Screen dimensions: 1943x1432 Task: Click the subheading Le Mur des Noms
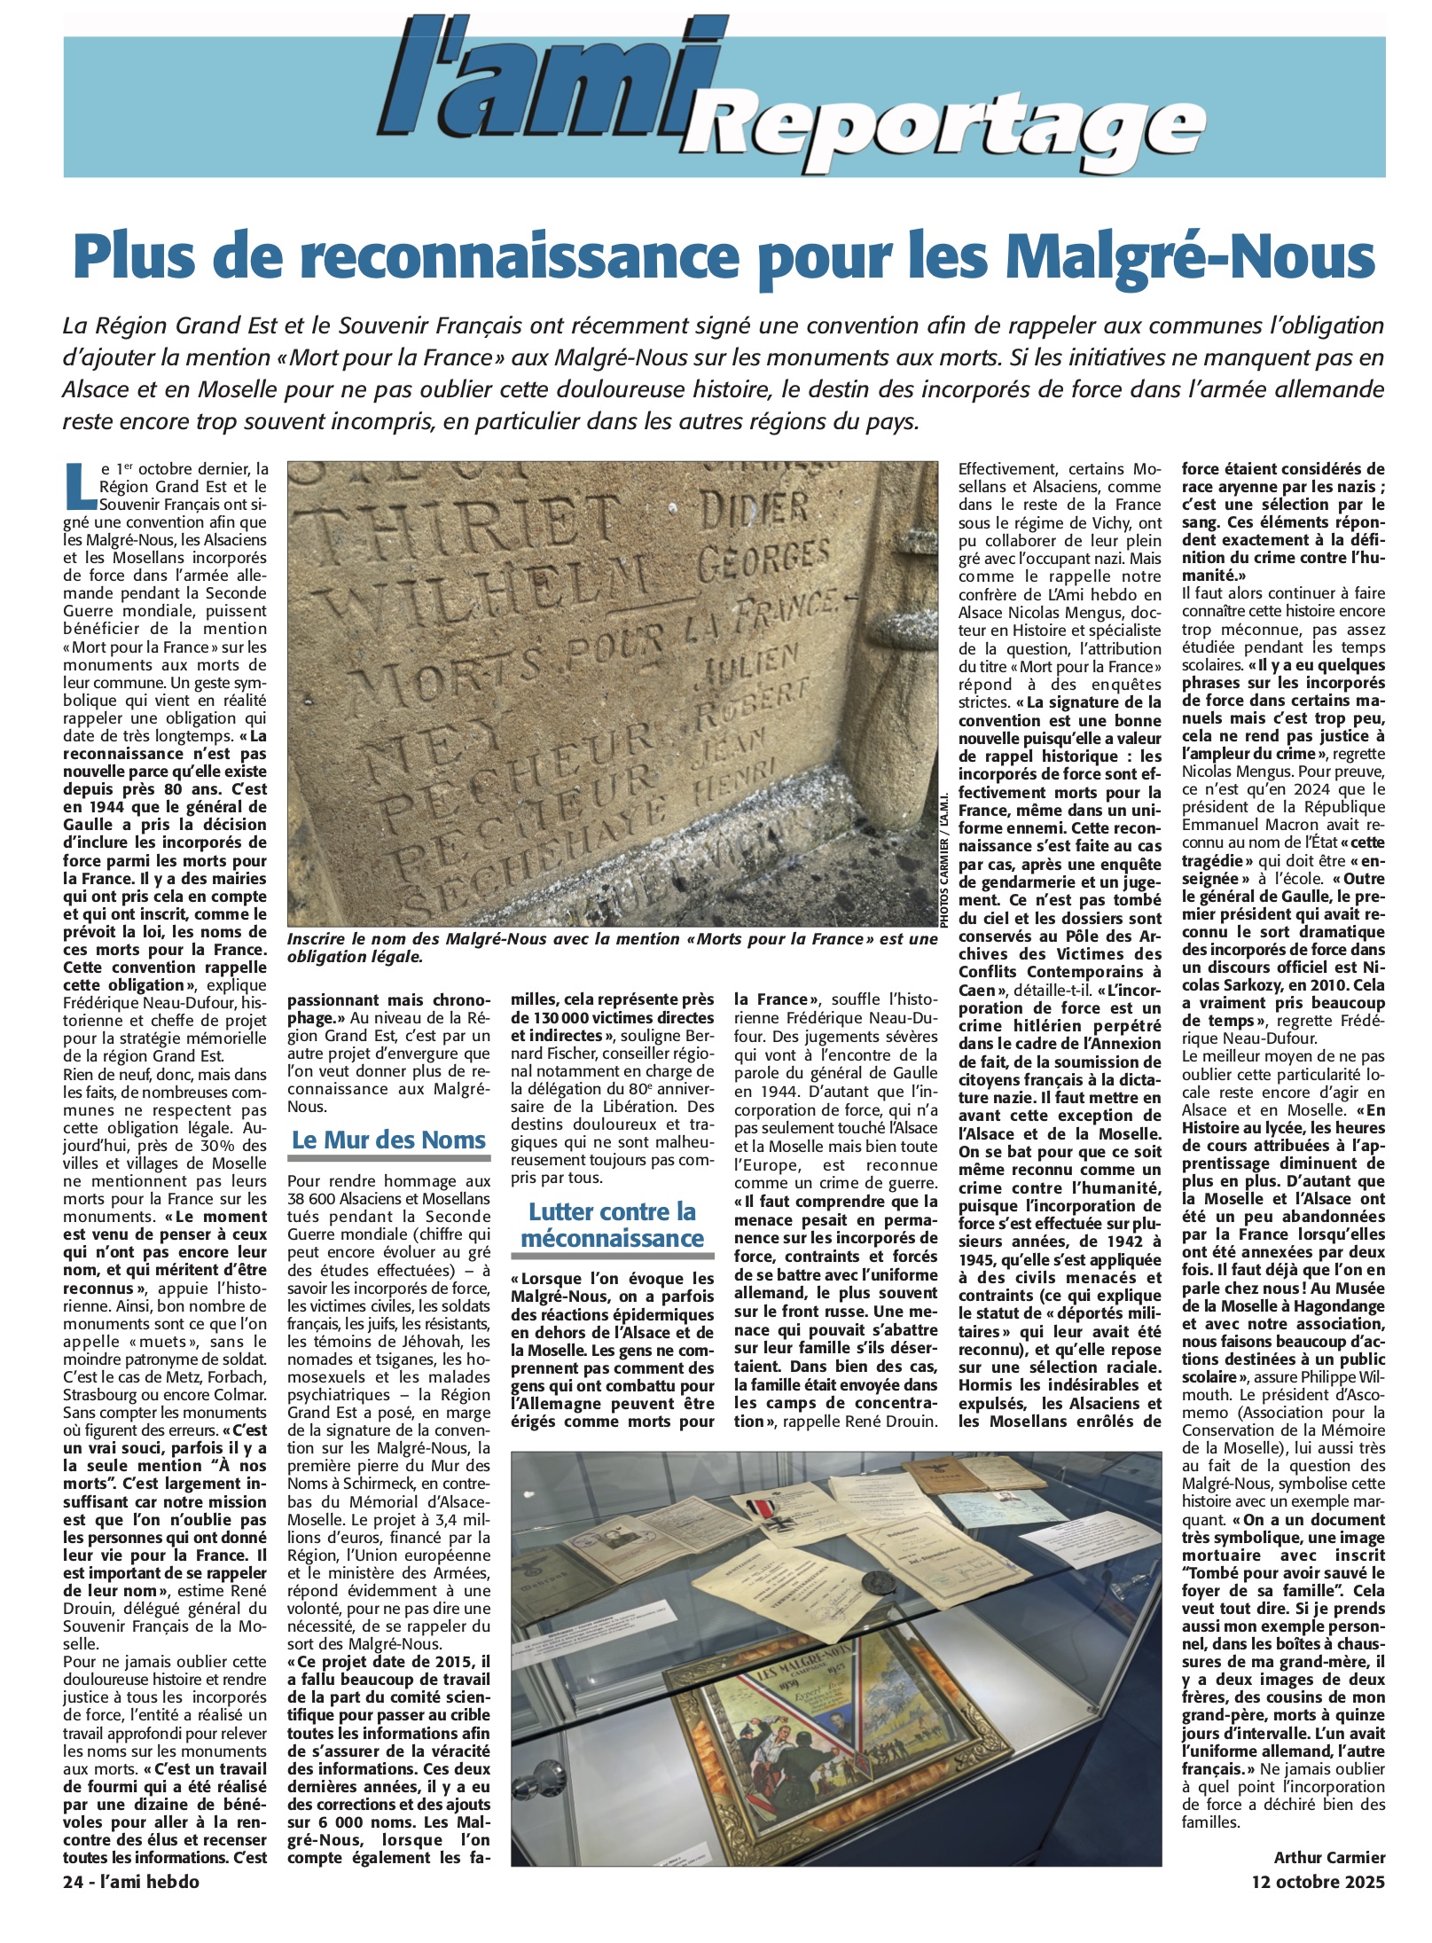pos(388,1140)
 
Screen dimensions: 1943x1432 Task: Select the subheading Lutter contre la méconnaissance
pos(613,1225)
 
